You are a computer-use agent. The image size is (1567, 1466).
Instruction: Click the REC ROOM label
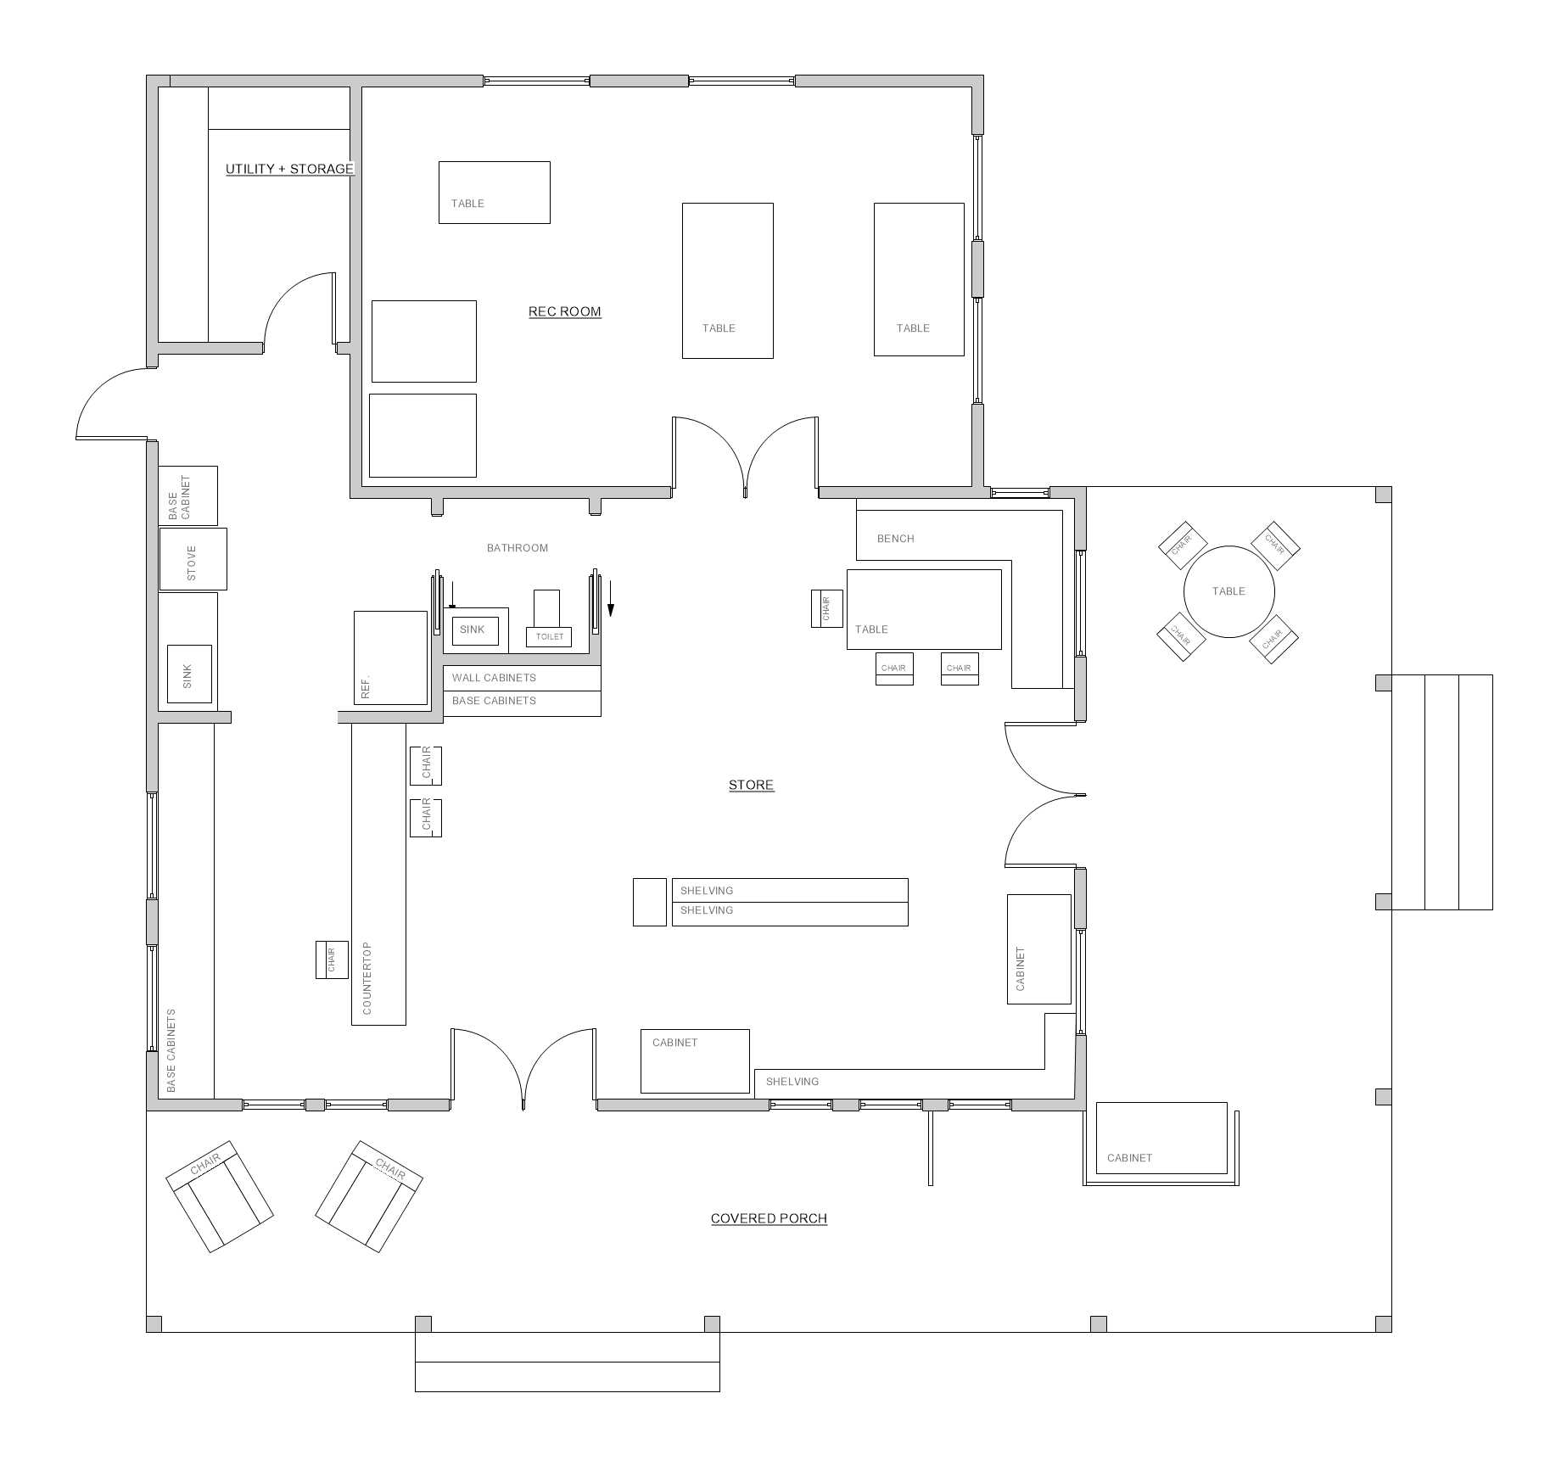[x=564, y=311]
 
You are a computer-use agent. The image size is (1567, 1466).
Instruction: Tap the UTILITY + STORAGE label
[x=289, y=169]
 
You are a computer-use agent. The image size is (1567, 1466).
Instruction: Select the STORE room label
[x=751, y=785]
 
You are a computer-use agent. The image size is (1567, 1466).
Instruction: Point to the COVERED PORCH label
[x=769, y=1218]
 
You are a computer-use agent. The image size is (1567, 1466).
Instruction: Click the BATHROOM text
[x=518, y=548]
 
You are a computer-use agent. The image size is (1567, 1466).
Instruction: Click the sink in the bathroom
[x=475, y=630]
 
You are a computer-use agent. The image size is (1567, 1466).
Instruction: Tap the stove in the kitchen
[x=193, y=559]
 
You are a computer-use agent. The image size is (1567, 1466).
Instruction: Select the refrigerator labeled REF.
[x=390, y=657]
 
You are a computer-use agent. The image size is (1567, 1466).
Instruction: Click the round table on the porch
[x=1228, y=591]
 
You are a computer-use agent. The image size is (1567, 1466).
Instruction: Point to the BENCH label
[x=896, y=539]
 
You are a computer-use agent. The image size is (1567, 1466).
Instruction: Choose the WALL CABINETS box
[x=522, y=678]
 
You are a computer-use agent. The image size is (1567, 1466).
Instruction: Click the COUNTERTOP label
[x=367, y=977]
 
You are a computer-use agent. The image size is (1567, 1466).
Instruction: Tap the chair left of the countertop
[x=332, y=960]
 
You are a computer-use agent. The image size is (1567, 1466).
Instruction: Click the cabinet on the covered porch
[x=1161, y=1138]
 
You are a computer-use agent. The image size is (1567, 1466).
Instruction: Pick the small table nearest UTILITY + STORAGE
[x=494, y=193]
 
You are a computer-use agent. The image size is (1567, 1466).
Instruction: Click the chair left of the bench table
[x=827, y=608]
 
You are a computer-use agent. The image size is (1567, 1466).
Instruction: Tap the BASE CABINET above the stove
[x=188, y=495]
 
